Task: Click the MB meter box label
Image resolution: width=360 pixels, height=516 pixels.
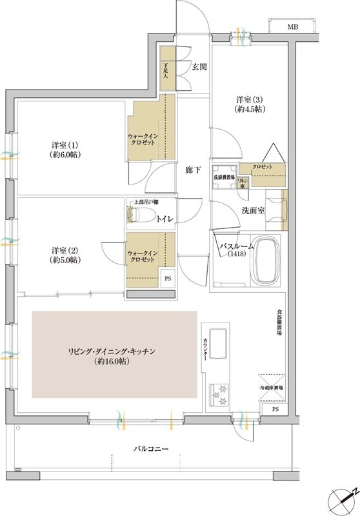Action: tap(292, 27)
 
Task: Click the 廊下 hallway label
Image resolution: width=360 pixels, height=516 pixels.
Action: tap(193, 171)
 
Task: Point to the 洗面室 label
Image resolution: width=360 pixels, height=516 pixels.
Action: tap(254, 210)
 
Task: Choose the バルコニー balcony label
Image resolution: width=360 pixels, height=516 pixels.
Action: tap(152, 448)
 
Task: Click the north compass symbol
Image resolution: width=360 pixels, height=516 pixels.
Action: tap(343, 499)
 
